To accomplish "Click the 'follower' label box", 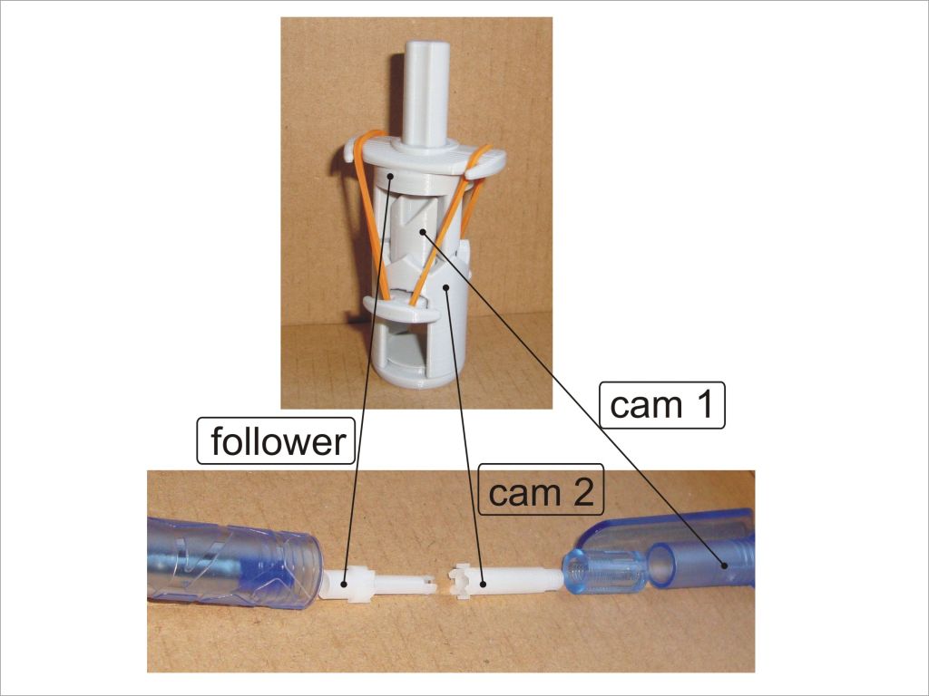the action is tap(276, 441).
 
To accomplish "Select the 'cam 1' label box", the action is tap(661, 405).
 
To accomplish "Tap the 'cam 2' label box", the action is tap(542, 488).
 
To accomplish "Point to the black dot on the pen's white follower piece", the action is tap(345, 585).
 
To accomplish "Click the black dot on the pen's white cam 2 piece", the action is tap(483, 585).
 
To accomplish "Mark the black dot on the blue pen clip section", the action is tap(724, 565).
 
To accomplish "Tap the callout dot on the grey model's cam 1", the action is tap(423, 232).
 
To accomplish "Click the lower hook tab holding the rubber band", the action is tap(401, 309).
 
